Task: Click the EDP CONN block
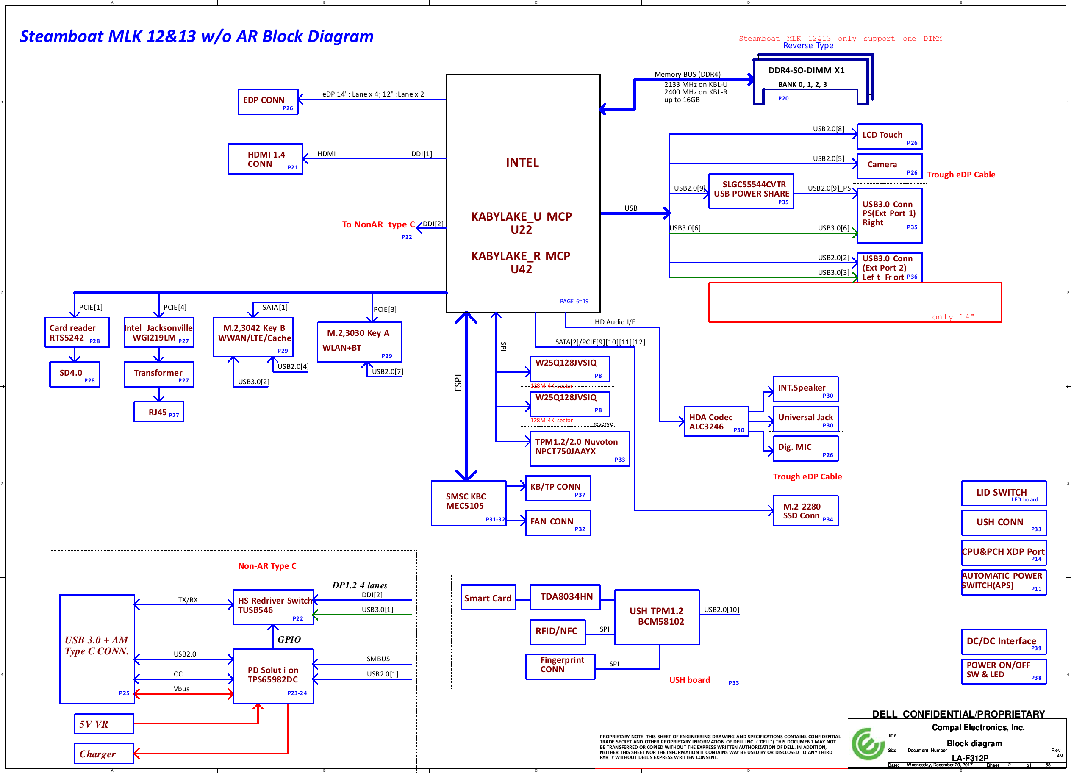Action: click(268, 102)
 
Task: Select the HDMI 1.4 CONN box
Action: click(265, 159)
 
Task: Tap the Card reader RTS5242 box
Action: click(77, 332)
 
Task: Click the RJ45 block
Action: click(159, 412)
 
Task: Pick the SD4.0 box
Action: click(75, 374)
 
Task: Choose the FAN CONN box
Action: click(558, 523)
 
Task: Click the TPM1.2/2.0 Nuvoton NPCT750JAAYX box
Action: click(580, 449)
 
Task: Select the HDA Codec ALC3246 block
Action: click(716, 422)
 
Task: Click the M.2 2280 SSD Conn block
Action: click(805, 510)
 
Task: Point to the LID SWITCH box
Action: click(1004, 493)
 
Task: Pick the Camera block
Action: click(889, 166)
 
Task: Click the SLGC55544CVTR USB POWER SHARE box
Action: click(751, 191)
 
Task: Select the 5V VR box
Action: click(104, 724)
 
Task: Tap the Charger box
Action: click(104, 754)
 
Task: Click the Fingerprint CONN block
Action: click(560, 666)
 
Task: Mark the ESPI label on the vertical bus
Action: click(458, 382)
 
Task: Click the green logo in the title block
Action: click(868, 744)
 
